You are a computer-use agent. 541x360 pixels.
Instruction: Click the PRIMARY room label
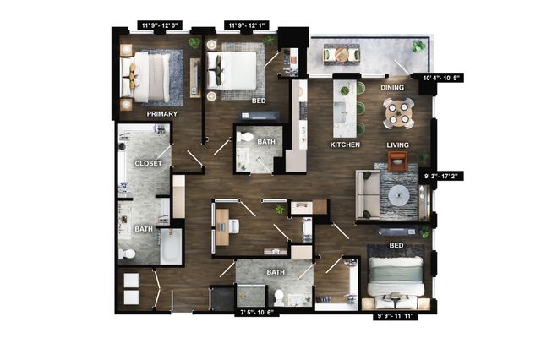point(161,114)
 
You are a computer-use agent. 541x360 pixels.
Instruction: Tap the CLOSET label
point(148,163)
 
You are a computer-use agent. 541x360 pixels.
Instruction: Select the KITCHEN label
point(345,145)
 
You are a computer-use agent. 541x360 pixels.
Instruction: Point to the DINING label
point(392,88)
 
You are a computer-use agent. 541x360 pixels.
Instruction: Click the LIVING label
point(398,145)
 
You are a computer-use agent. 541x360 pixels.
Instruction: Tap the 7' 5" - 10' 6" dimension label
point(257,313)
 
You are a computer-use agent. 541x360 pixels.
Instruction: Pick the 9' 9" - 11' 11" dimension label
point(396,316)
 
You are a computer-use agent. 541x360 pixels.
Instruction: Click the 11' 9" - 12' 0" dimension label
point(160,25)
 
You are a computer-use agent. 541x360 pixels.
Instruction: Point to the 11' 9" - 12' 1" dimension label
point(246,25)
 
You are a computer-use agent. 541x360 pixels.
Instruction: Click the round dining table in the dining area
point(398,113)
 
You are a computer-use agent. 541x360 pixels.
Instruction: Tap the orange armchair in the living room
point(398,161)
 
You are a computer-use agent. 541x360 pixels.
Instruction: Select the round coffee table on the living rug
point(399,195)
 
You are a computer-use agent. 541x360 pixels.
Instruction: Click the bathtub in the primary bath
point(171,246)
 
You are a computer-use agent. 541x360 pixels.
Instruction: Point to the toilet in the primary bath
point(127,254)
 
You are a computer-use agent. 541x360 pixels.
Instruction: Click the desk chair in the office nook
point(233,226)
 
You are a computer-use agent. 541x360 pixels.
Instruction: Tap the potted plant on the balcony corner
point(418,46)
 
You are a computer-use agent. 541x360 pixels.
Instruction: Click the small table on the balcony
point(342,54)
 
